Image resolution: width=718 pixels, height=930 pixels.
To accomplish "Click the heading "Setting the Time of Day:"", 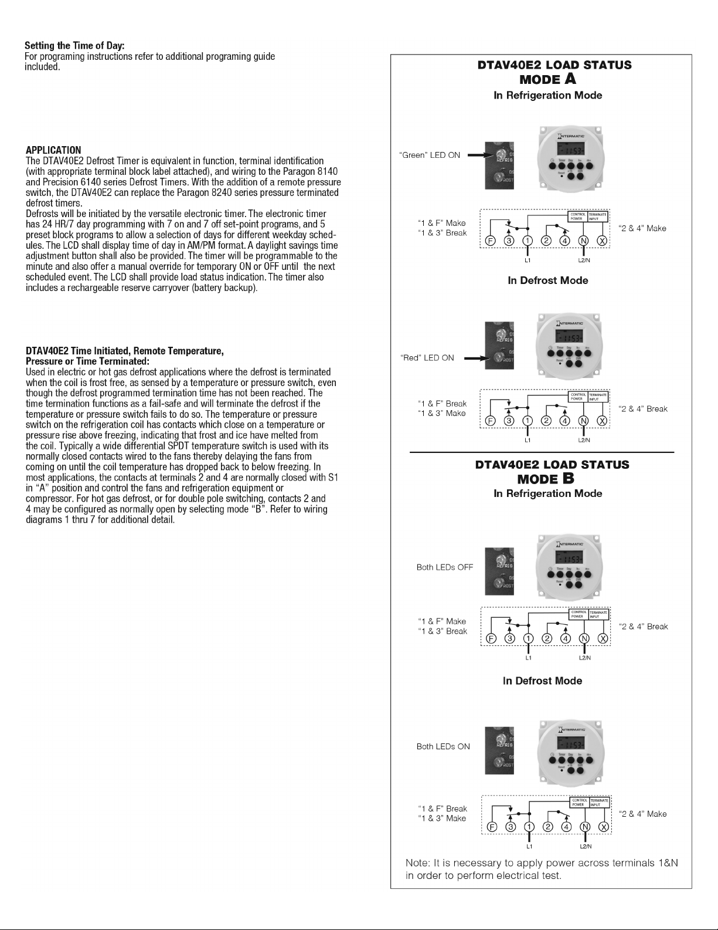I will pos(74,46).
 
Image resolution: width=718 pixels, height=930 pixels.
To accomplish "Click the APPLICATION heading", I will pos(53,150).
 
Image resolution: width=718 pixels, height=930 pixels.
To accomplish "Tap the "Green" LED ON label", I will pos(429,155).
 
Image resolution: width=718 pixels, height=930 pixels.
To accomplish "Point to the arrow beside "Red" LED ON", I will pos(475,358).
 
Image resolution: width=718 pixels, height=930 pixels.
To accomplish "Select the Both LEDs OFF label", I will pos(444,567).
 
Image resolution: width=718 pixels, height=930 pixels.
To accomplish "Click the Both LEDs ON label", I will pos(443,746).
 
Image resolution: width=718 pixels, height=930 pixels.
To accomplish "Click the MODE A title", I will pos(547,79).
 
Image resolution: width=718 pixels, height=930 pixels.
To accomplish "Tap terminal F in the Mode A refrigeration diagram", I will pos(491,241).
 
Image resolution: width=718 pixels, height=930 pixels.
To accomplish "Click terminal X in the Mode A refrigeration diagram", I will pos(601,241).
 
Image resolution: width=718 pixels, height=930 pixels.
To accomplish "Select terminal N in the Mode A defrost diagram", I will pos(583,420).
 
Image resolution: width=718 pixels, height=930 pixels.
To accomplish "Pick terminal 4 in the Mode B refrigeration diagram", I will pos(566,639).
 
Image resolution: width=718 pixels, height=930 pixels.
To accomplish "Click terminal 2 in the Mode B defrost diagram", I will pos(548,827).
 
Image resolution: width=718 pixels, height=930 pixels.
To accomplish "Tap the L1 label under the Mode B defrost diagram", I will pos(529,847).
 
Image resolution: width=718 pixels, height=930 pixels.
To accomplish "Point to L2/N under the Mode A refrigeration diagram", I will pos(584,259).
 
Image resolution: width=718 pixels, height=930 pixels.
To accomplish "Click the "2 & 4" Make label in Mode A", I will pos(642,228).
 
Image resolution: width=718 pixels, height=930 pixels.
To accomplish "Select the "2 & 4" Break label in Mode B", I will pos(643,627).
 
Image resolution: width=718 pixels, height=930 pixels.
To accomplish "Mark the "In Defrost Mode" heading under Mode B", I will pos(542,681).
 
